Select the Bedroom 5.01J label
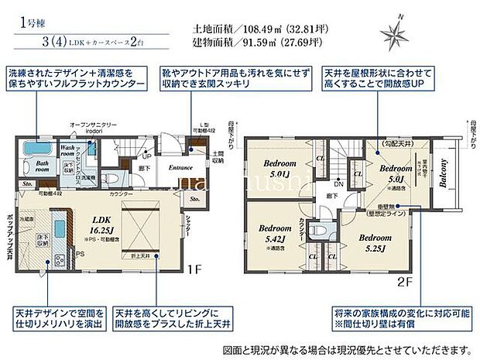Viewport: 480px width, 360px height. click(x=276, y=169)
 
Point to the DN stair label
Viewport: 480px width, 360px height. click(x=338, y=184)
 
